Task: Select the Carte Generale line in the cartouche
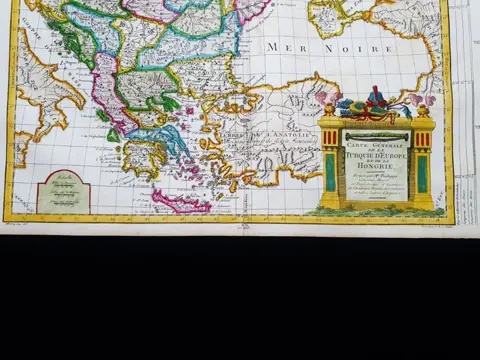coord(376,146)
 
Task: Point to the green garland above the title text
coord(376,134)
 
